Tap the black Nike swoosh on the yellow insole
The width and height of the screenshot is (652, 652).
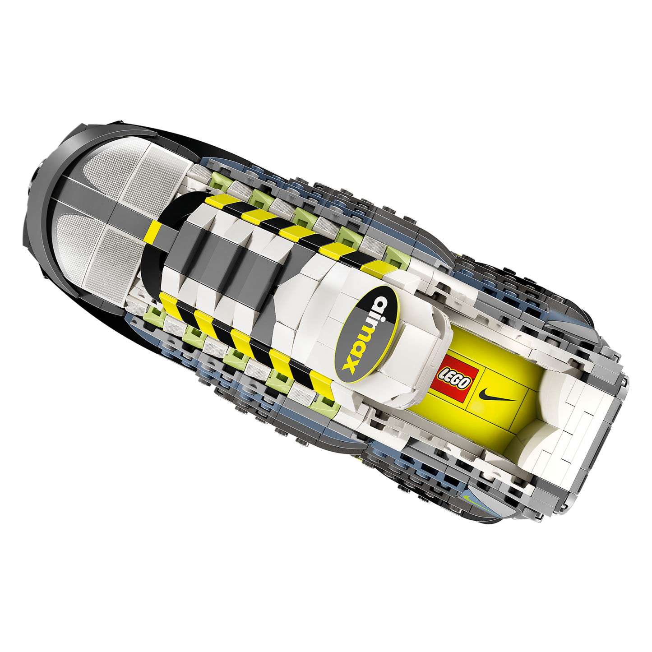(x=498, y=394)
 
